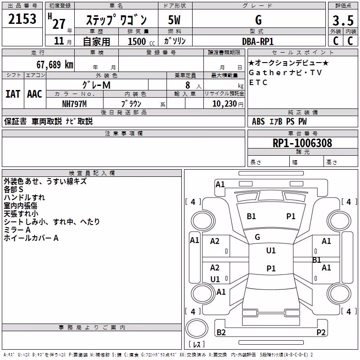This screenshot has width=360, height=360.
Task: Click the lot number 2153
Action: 22,19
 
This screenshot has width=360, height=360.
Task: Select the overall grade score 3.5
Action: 343,20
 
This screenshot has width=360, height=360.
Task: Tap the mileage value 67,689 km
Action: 55,65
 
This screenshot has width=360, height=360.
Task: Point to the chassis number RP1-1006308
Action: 302,143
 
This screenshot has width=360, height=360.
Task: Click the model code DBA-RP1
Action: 258,41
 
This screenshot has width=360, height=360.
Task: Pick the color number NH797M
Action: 74,104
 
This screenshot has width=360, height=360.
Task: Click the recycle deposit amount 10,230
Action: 225,104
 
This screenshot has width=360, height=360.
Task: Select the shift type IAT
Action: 13,94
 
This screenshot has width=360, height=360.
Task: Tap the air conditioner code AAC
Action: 35,94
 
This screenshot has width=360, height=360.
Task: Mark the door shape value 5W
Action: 174,20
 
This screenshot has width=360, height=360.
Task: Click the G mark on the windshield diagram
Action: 257,237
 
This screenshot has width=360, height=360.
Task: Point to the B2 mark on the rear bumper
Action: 221,332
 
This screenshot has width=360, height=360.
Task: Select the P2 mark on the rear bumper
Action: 321,332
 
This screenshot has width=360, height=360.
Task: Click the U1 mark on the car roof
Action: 271,250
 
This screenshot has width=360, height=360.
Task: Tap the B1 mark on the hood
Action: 251,216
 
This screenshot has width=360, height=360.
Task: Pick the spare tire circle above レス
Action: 197,328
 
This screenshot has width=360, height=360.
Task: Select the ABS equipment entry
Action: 258,121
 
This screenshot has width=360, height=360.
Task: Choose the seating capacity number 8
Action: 188,85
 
